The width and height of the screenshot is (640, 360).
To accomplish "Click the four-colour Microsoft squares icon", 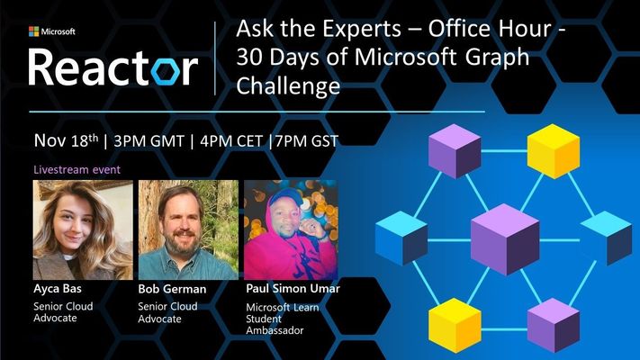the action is (x=34, y=31).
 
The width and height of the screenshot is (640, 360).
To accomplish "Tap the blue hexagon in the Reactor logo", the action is (x=166, y=71).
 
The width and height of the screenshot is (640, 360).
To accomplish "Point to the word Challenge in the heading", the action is (x=288, y=85).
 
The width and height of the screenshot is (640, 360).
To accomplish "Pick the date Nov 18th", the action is (x=66, y=140).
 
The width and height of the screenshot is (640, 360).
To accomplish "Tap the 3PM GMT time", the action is (x=149, y=141).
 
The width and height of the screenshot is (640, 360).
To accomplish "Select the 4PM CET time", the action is (x=231, y=141).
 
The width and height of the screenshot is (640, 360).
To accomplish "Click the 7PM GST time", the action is (x=307, y=141).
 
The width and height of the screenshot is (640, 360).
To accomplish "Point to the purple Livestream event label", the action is (x=77, y=170).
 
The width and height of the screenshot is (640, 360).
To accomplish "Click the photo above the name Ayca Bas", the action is (x=83, y=229).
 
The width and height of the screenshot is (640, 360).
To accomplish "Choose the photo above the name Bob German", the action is (x=188, y=229).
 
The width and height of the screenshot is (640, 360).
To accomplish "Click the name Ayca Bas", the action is (x=58, y=289).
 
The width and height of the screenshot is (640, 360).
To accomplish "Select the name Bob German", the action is (x=172, y=289).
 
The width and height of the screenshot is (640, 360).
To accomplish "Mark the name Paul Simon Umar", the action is (x=293, y=289).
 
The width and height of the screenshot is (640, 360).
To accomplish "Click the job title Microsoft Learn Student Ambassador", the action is (x=283, y=319).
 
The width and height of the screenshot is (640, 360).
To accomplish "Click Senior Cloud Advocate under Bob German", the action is (x=167, y=312).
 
